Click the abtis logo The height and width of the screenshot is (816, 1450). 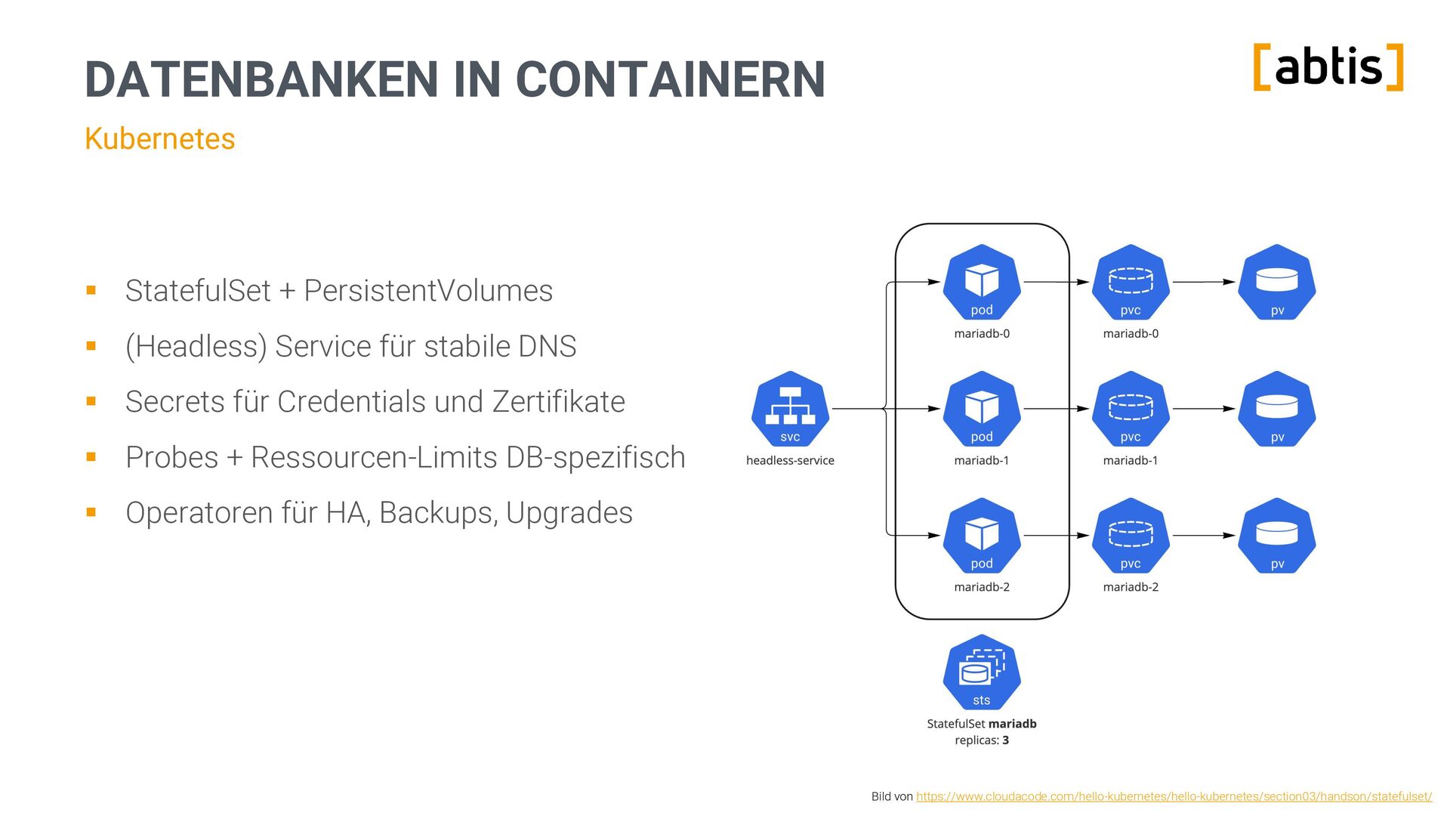(x=1328, y=67)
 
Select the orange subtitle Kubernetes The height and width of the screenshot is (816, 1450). (x=159, y=139)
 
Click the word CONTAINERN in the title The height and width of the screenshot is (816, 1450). (x=670, y=79)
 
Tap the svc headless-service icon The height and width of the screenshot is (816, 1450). (x=790, y=409)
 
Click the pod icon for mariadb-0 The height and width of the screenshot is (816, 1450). (x=982, y=282)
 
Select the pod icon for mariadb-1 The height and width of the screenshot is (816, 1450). (x=982, y=409)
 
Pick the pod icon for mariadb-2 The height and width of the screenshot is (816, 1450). (x=982, y=536)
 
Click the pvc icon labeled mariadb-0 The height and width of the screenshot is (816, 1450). (x=1131, y=282)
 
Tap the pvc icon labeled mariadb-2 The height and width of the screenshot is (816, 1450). (x=1131, y=536)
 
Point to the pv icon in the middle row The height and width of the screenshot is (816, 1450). (x=1277, y=409)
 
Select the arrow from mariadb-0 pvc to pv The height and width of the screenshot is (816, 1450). (x=1204, y=282)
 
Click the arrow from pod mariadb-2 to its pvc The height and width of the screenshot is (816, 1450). (x=1056, y=536)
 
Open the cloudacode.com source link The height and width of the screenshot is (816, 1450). (x=1174, y=796)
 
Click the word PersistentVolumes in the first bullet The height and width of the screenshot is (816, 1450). (x=428, y=291)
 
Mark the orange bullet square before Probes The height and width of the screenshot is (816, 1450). (x=91, y=457)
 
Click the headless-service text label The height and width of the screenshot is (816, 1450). (x=790, y=460)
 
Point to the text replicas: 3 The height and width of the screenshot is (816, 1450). (x=982, y=740)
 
